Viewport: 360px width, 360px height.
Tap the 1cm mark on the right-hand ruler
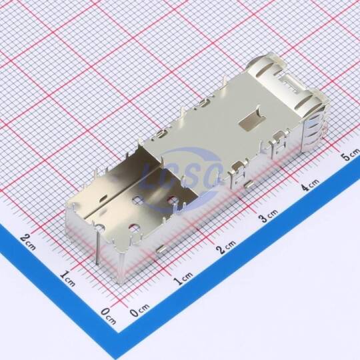point(183,278)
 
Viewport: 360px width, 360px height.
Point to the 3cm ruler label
point(269,215)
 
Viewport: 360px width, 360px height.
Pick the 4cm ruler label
point(310,185)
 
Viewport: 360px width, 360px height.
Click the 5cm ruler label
point(351,155)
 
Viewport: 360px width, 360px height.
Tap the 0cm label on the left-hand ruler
point(109,316)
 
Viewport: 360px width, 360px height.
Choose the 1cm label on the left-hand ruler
point(68,279)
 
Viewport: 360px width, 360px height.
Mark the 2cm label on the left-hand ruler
point(28,242)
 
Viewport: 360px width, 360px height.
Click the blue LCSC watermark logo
point(181,175)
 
